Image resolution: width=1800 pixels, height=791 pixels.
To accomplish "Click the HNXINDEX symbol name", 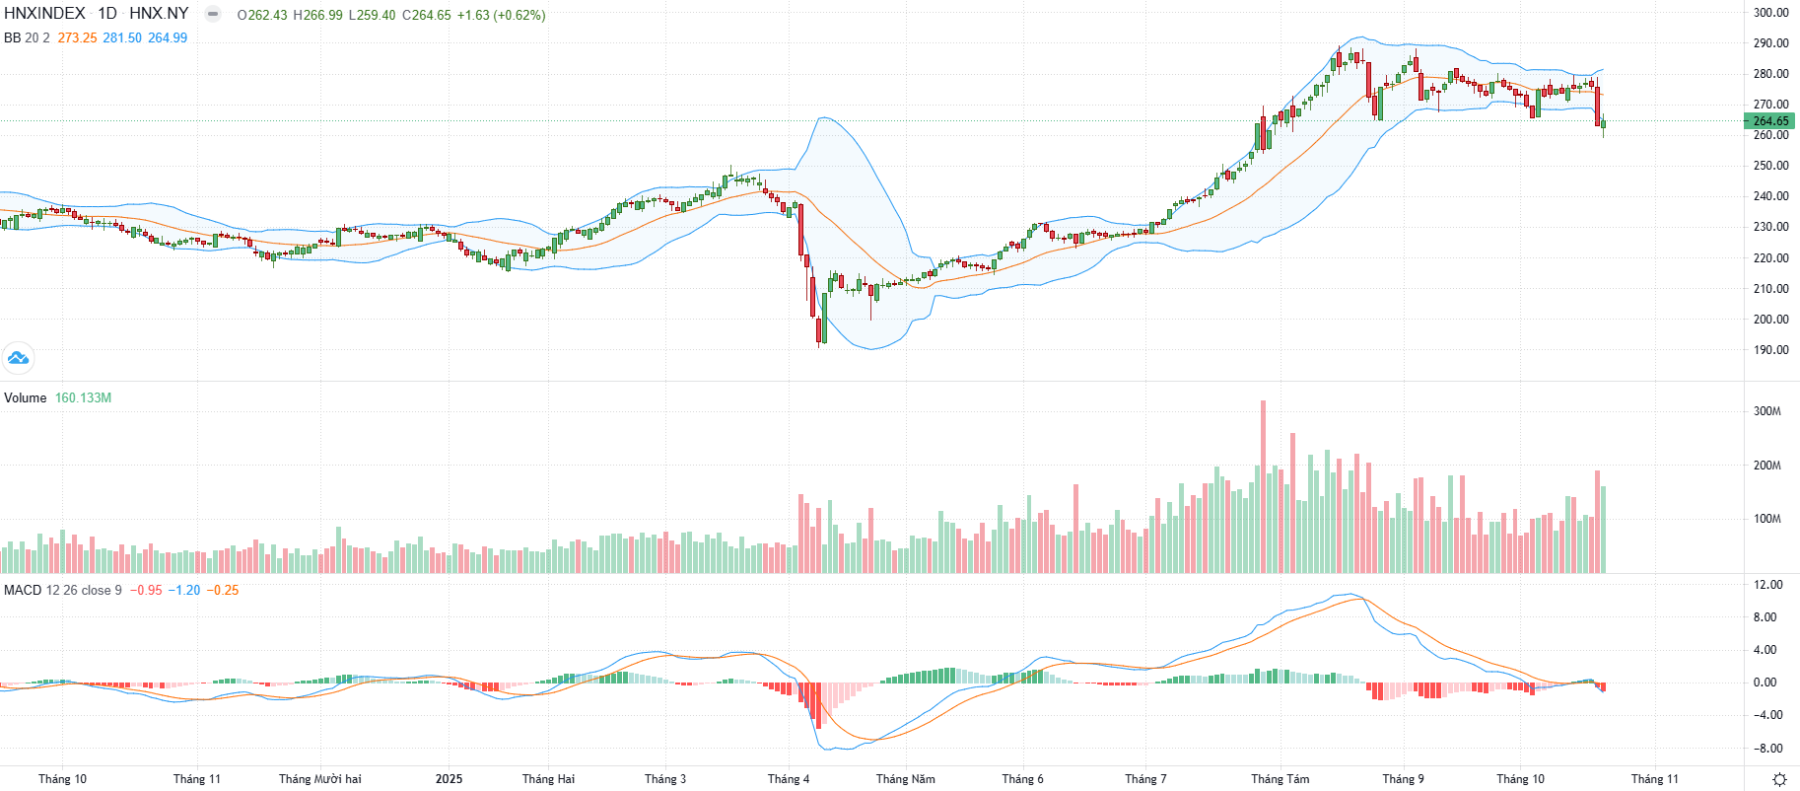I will tap(44, 14).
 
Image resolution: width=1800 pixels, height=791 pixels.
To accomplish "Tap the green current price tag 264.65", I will tap(1770, 121).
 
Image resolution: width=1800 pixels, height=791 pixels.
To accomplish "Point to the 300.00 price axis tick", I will tap(1770, 13).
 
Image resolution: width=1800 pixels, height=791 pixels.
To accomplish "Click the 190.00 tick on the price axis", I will tap(1770, 350).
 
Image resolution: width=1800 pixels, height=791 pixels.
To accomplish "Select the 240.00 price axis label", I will tap(1770, 196).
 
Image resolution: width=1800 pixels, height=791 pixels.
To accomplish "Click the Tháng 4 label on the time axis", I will tap(789, 779).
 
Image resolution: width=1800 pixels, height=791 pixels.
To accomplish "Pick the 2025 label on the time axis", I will tap(449, 779).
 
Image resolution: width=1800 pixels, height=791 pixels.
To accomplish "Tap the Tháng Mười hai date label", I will tap(319, 779).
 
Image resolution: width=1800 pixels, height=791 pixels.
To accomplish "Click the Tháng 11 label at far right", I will tap(1654, 779).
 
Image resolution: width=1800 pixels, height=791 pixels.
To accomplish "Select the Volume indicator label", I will tap(26, 398).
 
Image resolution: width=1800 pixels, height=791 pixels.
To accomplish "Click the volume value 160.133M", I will tap(83, 398).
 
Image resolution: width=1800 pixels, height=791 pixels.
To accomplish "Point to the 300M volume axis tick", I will tap(1766, 411).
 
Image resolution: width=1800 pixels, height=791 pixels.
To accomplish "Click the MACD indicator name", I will tap(23, 591).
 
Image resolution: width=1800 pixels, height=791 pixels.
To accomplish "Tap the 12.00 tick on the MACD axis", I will tap(1768, 585).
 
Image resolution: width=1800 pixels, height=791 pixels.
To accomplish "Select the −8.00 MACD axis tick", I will tap(1767, 749).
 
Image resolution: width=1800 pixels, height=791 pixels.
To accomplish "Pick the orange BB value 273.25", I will tap(77, 37).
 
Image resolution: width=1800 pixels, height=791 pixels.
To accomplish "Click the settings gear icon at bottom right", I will tap(1779, 779).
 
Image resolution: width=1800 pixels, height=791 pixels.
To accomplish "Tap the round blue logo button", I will tap(18, 357).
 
